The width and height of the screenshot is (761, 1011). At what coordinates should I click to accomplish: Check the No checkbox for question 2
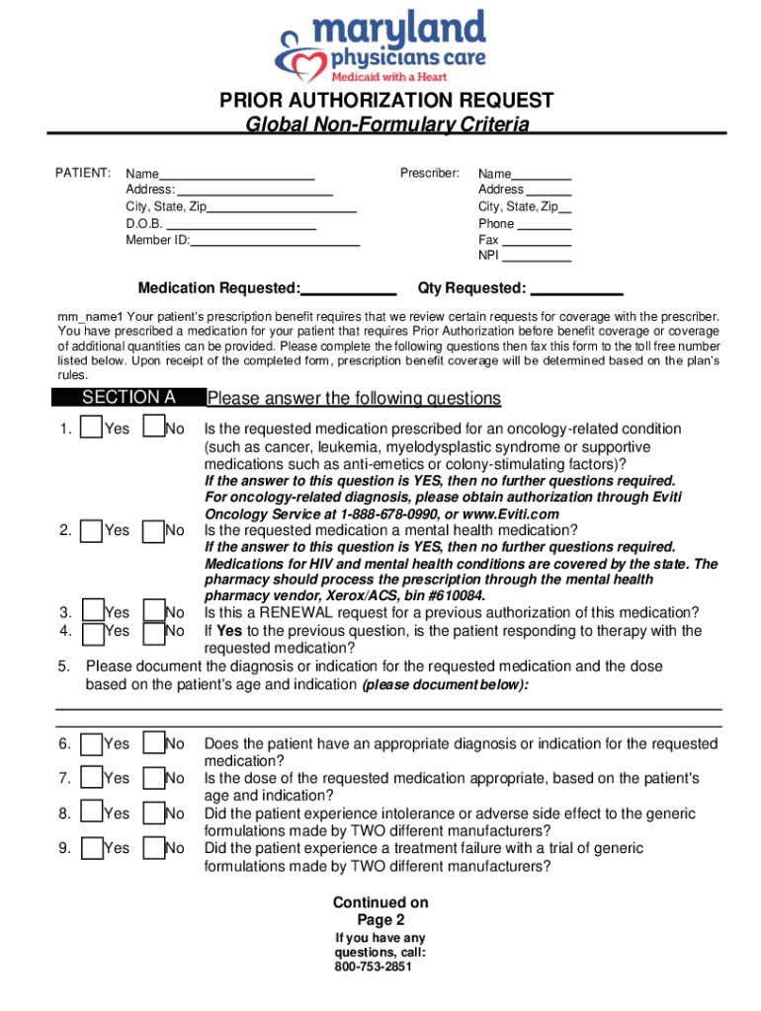153,531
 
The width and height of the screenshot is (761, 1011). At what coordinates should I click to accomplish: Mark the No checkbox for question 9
153,849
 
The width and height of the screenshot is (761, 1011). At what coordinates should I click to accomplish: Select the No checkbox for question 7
153,779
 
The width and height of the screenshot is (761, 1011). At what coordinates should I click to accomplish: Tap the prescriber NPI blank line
538,261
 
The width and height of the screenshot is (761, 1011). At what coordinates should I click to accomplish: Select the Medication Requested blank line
348,294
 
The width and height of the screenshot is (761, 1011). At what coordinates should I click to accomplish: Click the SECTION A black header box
128,398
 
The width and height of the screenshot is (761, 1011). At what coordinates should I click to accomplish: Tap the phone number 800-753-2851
373,968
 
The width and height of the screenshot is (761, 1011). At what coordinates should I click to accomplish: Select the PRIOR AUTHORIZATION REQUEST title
386,102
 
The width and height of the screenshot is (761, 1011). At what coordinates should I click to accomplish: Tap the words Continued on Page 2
380,910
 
